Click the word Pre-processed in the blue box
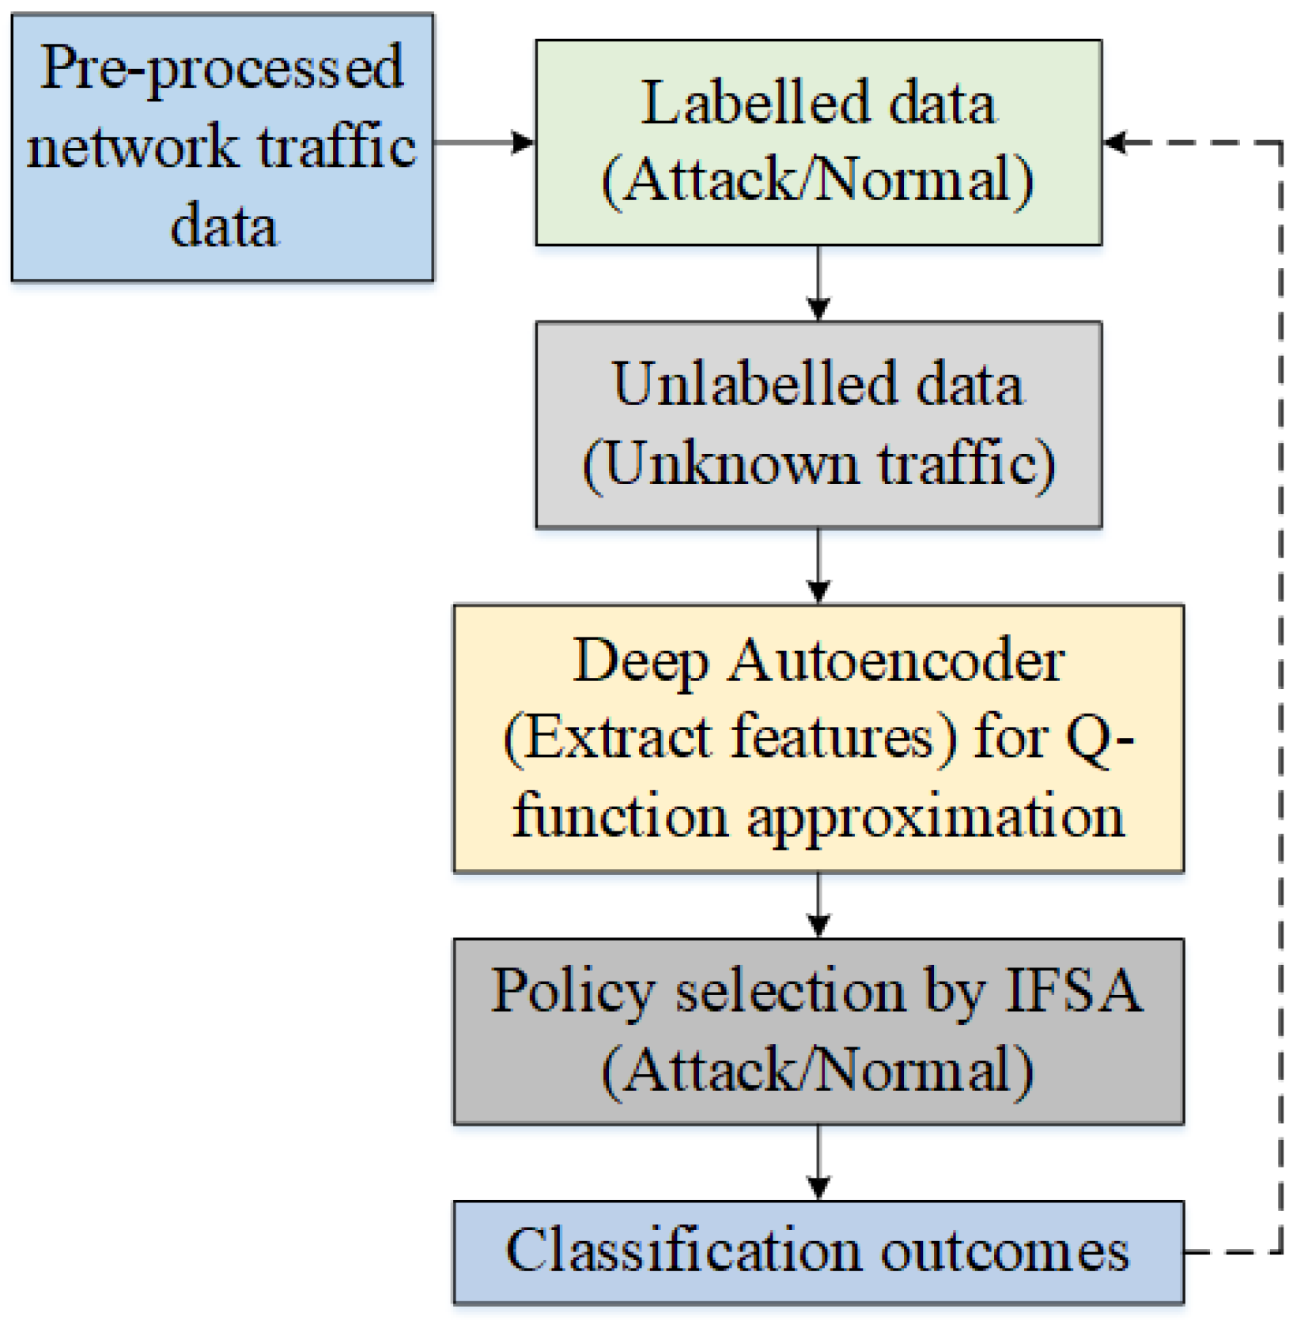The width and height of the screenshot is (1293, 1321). (x=221, y=70)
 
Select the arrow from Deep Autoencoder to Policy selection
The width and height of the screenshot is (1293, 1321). (x=819, y=905)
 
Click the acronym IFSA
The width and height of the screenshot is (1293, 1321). (x=1073, y=991)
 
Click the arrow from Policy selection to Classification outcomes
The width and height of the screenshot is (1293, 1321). (x=819, y=1162)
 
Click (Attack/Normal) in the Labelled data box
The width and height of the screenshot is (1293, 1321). (x=819, y=180)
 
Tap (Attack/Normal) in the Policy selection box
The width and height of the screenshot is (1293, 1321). (x=819, y=1071)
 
